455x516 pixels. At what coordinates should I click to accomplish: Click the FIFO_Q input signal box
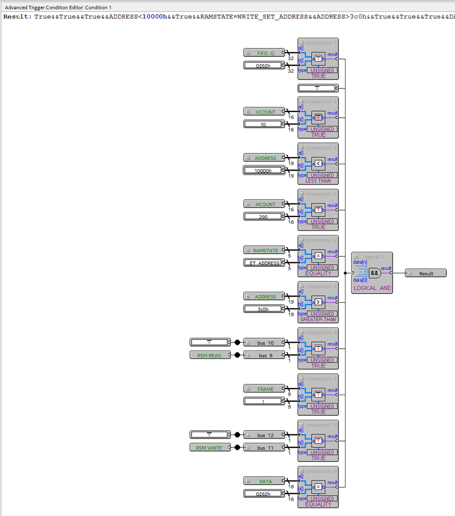(x=265, y=53)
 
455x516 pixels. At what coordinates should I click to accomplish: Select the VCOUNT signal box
(x=265, y=112)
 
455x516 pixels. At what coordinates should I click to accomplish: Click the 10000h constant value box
(x=264, y=170)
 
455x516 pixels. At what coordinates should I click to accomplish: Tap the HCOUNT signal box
(x=265, y=204)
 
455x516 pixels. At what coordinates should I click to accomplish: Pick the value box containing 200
(x=264, y=217)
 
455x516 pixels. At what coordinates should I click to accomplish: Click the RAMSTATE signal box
(x=265, y=251)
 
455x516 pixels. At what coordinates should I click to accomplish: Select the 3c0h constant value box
(x=264, y=309)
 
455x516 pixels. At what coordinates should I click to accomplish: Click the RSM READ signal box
(x=209, y=355)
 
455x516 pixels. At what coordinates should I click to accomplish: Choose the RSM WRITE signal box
(x=209, y=448)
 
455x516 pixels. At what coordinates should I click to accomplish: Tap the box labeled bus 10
(x=265, y=342)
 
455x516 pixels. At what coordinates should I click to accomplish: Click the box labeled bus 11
(x=265, y=448)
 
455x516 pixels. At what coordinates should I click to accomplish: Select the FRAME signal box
(x=265, y=389)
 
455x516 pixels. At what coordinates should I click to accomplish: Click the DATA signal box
(x=265, y=481)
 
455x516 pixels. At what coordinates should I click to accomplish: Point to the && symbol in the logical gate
(x=374, y=273)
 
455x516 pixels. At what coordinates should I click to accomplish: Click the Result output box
(x=426, y=273)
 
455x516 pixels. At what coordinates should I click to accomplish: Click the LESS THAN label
(x=318, y=181)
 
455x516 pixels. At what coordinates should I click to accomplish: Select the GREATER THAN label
(x=318, y=319)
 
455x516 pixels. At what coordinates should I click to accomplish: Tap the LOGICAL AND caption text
(x=372, y=288)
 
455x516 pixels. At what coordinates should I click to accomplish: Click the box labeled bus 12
(x=265, y=435)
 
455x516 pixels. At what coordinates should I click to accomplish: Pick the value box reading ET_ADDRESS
(x=264, y=263)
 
